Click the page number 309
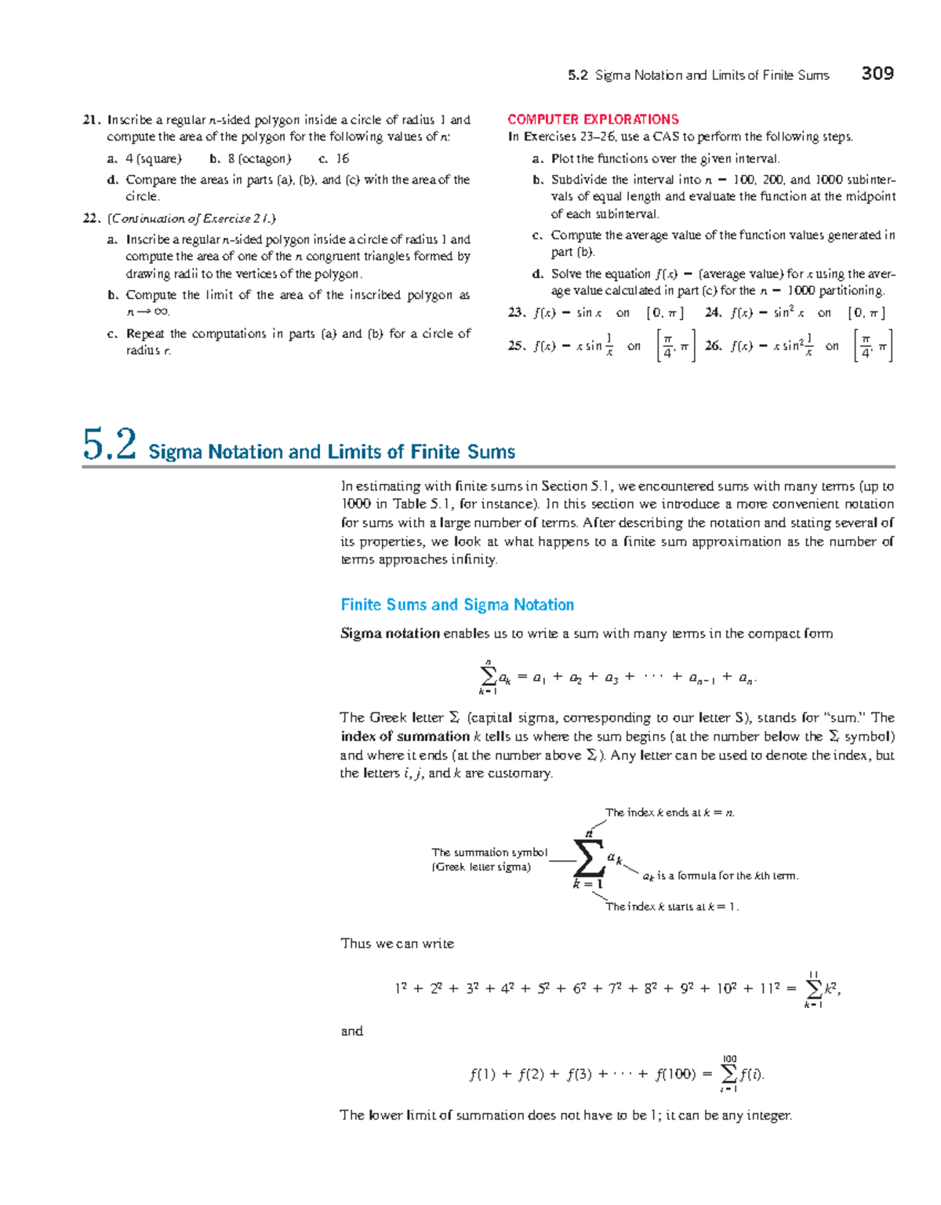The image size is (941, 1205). pos(877,74)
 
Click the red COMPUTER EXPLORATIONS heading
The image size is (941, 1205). pos(593,119)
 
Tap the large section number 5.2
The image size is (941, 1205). pos(109,445)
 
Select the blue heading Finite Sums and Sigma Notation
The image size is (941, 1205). pos(457,605)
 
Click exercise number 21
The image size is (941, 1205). pos(91,120)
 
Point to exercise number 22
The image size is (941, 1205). pos(91,219)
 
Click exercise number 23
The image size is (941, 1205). pos(516,313)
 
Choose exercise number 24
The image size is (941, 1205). pos(713,313)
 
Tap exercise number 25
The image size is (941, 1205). pos(516,346)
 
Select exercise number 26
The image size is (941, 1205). pos(713,346)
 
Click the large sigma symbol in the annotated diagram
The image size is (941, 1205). pos(588,859)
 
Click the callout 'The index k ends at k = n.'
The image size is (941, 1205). pos(670,813)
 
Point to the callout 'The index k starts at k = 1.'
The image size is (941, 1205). pos(671,907)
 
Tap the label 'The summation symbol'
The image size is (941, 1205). pos(489,852)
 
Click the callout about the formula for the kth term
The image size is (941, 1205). pos(720,876)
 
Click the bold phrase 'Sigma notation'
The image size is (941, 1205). pos(390,634)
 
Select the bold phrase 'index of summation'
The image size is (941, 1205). pos(405,737)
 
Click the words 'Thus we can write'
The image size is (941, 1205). pos(397,944)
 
